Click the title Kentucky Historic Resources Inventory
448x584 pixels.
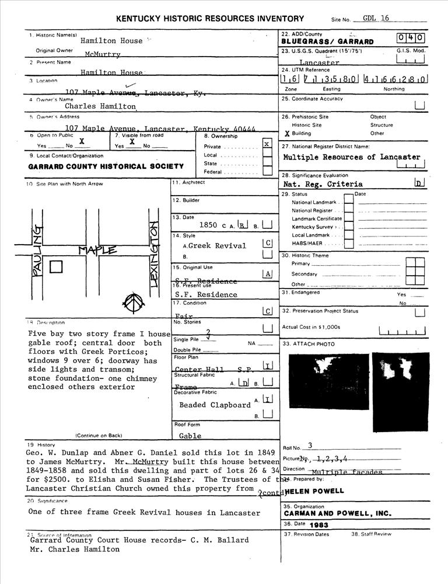210,19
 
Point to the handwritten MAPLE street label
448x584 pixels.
97,251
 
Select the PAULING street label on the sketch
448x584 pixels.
37,251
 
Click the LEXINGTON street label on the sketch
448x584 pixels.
155,251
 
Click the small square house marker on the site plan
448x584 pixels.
56,267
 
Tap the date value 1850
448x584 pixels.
208,225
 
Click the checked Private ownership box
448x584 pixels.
267,144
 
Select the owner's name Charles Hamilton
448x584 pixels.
100,106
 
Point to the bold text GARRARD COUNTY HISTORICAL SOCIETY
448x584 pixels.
106,166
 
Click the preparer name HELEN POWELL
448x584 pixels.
315,491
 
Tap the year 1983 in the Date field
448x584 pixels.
320,525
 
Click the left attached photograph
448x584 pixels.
328,381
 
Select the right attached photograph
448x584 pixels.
400,381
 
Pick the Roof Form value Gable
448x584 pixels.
190,436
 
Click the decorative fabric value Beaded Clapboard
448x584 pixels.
215,405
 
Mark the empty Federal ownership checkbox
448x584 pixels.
267,171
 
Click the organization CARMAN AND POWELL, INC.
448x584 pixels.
338,514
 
